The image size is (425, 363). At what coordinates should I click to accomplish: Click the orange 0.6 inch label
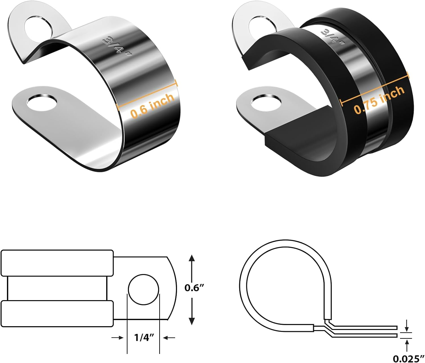[x=152, y=105]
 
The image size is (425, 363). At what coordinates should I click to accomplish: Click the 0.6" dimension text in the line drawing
[x=194, y=288]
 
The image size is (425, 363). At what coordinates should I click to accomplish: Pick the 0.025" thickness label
[x=408, y=358]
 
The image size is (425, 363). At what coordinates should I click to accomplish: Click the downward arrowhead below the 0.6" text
[x=192, y=321]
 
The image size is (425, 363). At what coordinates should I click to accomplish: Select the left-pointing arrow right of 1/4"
[x=169, y=337]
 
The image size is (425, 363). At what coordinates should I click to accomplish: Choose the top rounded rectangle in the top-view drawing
[x=57, y=263]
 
